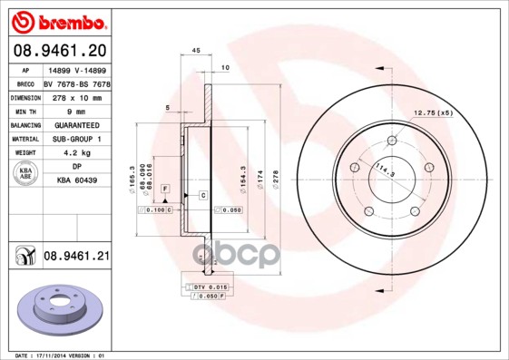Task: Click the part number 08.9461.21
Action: coord(77,258)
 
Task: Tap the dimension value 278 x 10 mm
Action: coord(76,95)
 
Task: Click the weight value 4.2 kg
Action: coord(76,153)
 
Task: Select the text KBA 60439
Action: coord(76,182)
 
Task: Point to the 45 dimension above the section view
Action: coord(196,51)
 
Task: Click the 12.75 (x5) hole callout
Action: coord(433,113)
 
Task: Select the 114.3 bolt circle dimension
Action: coord(365,171)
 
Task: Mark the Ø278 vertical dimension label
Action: coord(274,180)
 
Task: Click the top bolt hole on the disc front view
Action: coord(392,141)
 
